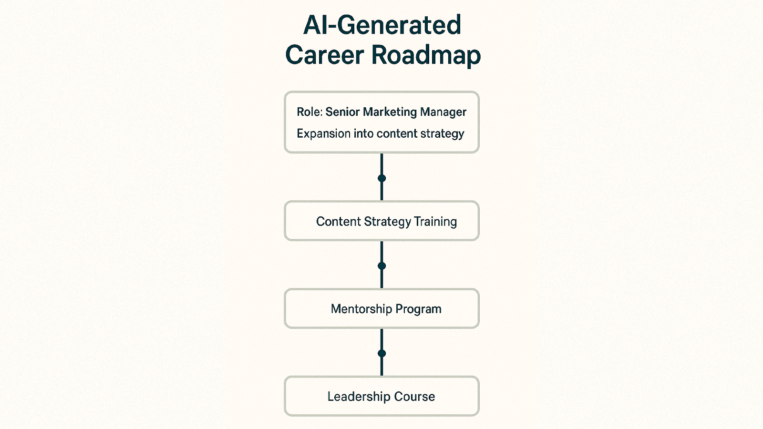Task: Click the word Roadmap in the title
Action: [426, 55]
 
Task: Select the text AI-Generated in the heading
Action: [382, 25]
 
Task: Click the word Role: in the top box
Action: [309, 112]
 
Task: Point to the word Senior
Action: [342, 112]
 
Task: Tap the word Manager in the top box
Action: [443, 112]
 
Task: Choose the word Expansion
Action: [323, 134]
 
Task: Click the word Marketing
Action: [390, 112]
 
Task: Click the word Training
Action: [435, 222]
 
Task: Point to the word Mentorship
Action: [361, 309]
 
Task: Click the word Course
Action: [414, 397]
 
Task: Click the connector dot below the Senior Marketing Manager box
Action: [381, 178]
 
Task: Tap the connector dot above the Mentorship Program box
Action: [381, 266]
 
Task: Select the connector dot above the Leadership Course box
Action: [381, 353]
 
